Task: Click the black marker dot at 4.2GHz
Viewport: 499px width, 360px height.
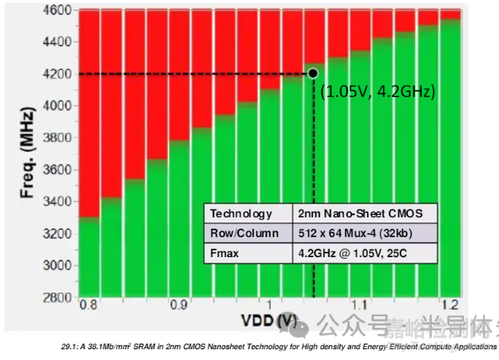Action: (x=312, y=73)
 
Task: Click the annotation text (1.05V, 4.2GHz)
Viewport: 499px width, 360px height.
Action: (x=378, y=91)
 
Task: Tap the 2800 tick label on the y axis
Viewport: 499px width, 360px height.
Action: (x=58, y=296)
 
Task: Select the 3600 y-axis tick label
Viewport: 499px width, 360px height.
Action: (x=58, y=169)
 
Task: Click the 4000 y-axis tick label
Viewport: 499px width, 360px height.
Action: (x=58, y=105)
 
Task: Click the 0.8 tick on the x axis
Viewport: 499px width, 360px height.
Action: (x=90, y=305)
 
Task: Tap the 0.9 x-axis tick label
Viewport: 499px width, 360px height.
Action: (x=179, y=305)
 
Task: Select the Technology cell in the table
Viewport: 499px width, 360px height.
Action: (x=241, y=214)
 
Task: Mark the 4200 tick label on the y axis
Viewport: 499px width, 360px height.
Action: (x=58, y=73)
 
